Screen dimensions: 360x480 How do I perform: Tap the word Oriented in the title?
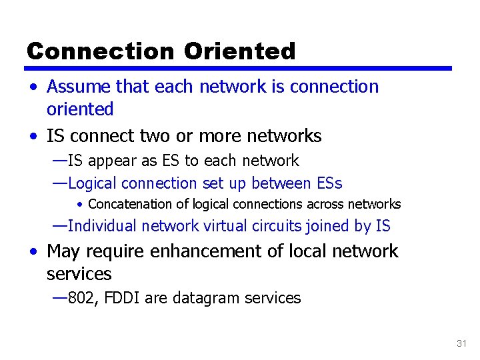[x=239, y=51]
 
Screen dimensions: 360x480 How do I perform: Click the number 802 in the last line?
[x=82, y=298]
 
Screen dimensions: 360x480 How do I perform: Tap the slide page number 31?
[x=461, y=343]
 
